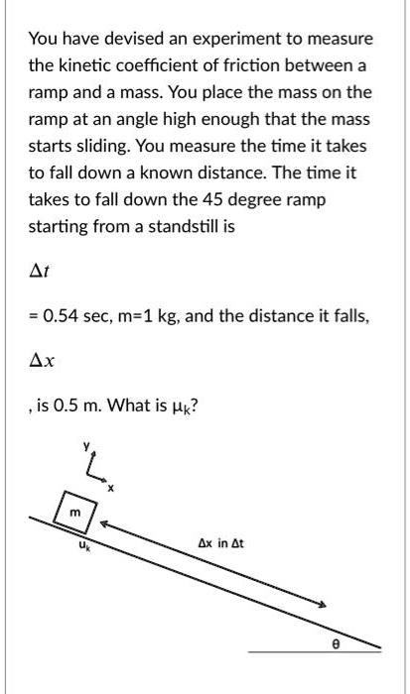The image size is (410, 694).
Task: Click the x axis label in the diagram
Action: [111, 487]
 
